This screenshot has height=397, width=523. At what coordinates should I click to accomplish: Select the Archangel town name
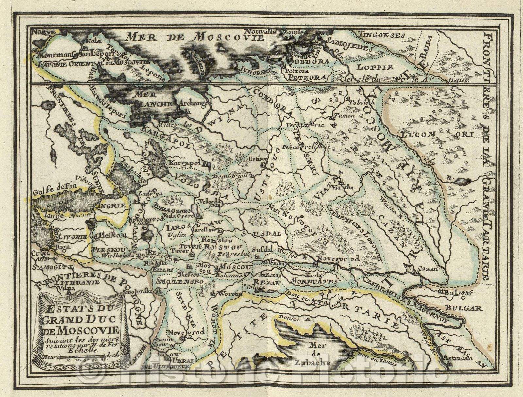click(193, 104)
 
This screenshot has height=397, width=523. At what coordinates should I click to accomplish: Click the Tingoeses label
click(381, 35)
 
